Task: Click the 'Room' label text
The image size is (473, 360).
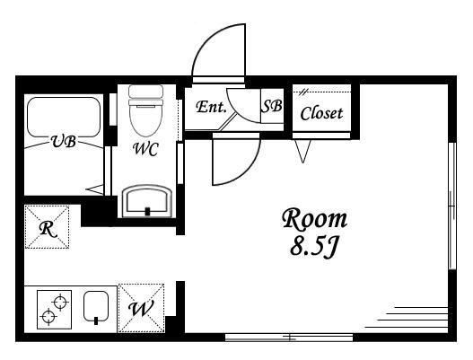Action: click(x=315, y=219)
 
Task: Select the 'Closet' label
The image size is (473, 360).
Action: click(x=321, y=113)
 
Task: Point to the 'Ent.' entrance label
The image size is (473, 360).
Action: click(x=211, y=107)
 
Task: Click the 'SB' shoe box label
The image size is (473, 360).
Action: click(x=272, y=106)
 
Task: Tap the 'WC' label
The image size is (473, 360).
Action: click(x=146, y=149)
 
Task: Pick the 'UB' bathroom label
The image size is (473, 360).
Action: click(x=64, y=141)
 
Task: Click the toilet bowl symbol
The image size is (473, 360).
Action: click(x=146, y=110)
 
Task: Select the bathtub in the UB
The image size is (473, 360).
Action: click(x=64, y=117)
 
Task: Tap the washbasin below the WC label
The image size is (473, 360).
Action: click(x=147, y=201)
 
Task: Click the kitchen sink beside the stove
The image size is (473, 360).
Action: click(x=96, y=307)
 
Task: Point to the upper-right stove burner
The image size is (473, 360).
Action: click(x=60, y=302)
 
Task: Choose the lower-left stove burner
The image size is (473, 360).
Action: click(x=48, y=317)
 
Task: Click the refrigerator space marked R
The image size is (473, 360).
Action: click(x=47, y=227)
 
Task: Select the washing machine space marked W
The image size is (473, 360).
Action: click(x=141, y=308)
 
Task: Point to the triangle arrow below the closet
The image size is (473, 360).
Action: click(x=302, y=151)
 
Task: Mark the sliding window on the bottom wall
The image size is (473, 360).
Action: click(x=289, y=337)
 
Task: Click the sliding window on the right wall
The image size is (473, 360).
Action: click(x=451, y=206)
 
